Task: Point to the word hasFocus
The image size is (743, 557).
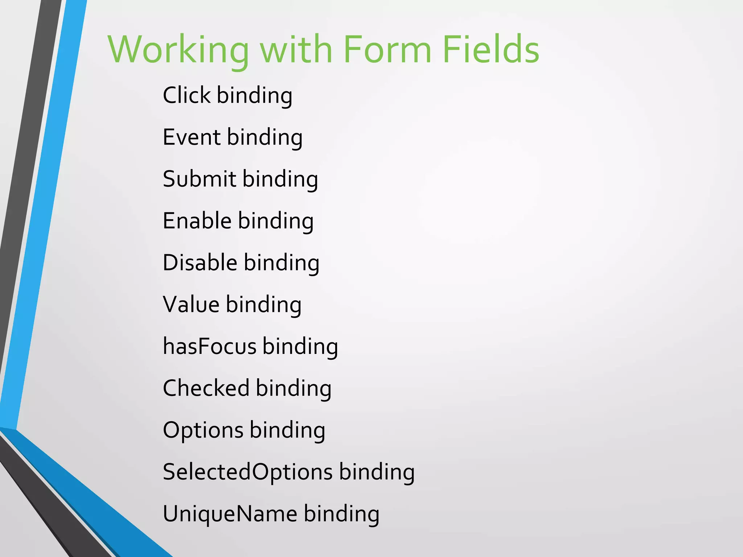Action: [x=210, y=346]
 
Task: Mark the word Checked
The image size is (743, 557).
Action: [x=206, y=388]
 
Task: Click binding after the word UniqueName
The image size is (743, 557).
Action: [x=341, y=514]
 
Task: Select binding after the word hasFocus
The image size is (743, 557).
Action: [x=300, y=347]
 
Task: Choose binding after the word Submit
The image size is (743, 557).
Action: [x=280, y=180]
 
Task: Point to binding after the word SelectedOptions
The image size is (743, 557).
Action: [x=377, y=472]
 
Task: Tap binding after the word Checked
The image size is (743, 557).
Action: [x=293, y=388]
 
